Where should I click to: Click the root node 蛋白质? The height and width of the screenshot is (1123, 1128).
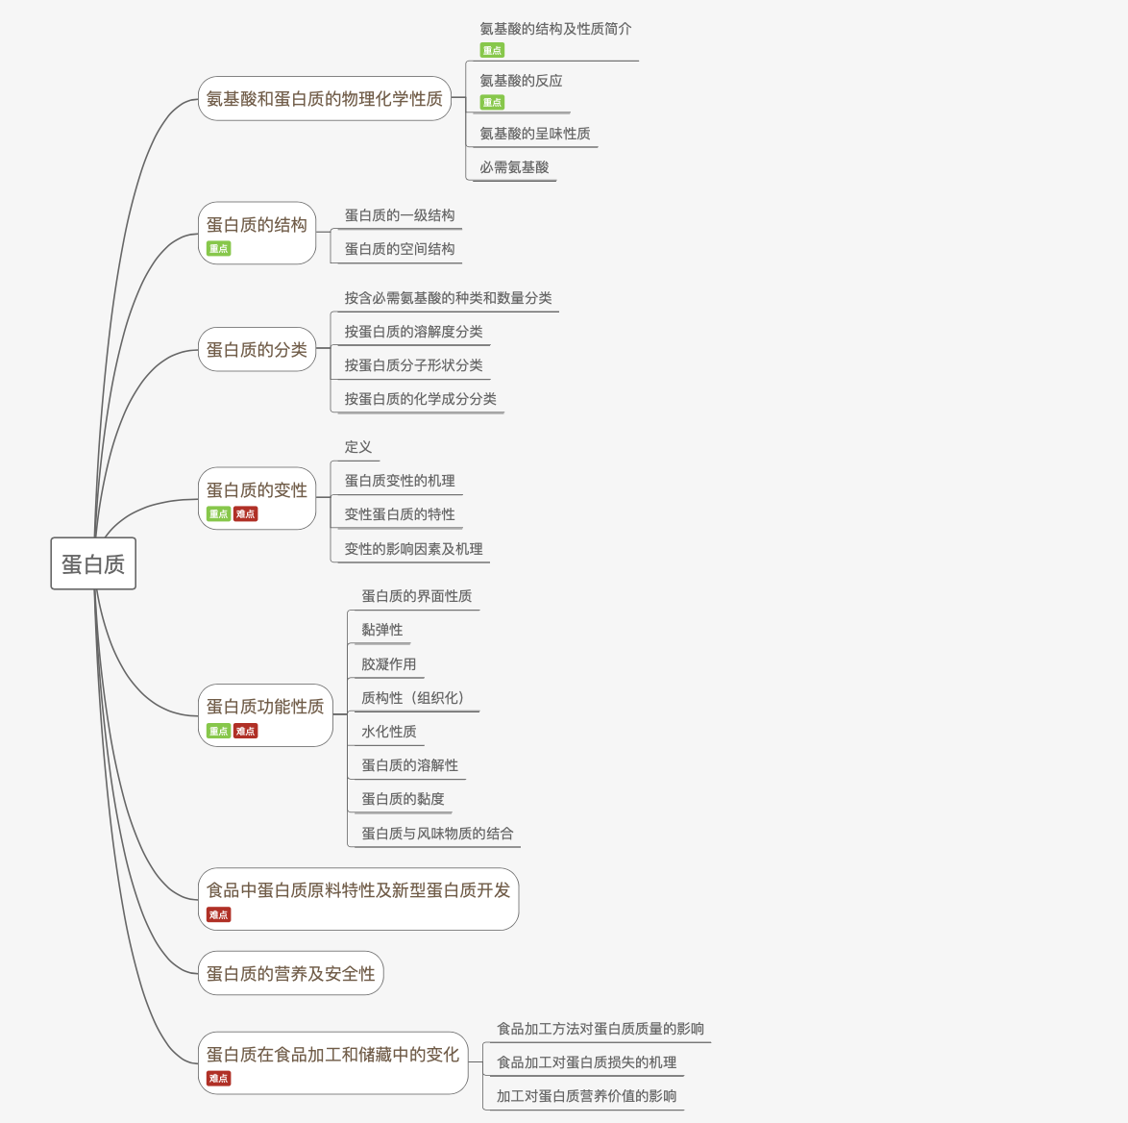coord(93,564)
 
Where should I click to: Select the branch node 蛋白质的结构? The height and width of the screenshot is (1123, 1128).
coord(257,225)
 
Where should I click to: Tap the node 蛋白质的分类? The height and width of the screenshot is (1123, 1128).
coord(257,350)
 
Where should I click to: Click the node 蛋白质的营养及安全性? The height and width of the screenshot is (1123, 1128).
coord(290,974)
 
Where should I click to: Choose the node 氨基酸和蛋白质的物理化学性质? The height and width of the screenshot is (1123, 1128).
coord(324,99)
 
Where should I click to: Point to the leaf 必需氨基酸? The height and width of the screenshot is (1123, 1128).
coord(514,167)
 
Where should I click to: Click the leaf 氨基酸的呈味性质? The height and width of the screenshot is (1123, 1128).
coord(534,134)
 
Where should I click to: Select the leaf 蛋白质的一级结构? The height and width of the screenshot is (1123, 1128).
coord(400,215)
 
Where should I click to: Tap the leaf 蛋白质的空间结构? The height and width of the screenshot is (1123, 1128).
coord(400,249)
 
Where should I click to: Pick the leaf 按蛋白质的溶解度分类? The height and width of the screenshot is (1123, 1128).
coord(413,332)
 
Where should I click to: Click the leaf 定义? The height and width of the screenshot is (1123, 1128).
coord(357,447)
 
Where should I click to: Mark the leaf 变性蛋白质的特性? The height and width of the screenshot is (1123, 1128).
coord(400,514)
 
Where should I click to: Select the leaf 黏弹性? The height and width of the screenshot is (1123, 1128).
coord(381,630)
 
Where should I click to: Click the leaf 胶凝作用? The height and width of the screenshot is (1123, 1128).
coord(388,664)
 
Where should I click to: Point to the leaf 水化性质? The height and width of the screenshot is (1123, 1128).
coord(388,732)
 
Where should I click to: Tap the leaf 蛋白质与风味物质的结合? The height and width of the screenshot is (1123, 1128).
coord(437,834)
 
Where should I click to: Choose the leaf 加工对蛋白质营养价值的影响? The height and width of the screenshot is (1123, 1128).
coord(586,1096)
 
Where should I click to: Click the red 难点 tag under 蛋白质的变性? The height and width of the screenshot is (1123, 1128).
coord(245,514)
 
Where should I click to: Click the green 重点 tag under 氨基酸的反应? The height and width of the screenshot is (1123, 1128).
coord(492,103)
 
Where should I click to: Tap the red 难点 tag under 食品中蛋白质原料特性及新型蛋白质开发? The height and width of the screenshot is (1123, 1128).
coord(218,915)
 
